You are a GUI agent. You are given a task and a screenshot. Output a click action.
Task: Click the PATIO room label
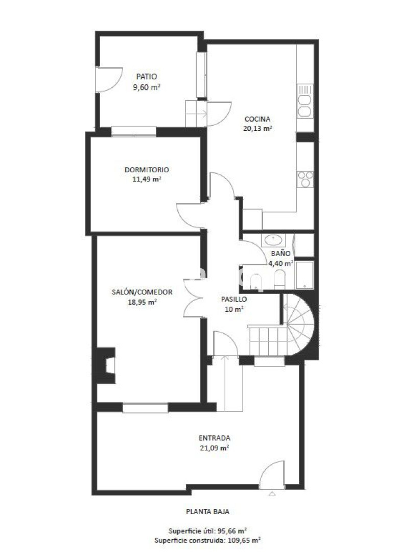[x=147, y=76]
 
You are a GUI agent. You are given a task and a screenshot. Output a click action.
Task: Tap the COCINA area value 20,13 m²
[x=257, y=128]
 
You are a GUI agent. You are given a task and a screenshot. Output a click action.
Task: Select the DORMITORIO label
[x=147, y=170]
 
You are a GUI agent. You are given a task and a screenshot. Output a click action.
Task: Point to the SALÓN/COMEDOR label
[x=142, y=292]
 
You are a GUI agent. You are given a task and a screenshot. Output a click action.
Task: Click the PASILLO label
[x=234, y=300]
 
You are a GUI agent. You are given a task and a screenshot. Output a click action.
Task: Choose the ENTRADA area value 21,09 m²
[x=214, y=448]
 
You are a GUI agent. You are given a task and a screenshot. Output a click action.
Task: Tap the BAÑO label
[x=281, y=253]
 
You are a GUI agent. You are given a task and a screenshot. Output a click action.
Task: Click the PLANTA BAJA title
[x=207, y=512]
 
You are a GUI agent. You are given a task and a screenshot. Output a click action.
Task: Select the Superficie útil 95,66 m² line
[x=207, y=531]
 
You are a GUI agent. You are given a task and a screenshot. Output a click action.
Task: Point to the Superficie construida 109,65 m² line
[x=207, y=540]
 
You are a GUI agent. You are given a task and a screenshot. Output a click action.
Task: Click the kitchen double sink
[x=304, y=101]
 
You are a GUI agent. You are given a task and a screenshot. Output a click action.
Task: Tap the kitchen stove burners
[x=305, y=179]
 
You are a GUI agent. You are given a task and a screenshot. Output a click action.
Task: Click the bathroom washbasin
[x=273, y=240]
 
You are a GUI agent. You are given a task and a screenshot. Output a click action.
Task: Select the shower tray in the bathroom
[x=304, y=275]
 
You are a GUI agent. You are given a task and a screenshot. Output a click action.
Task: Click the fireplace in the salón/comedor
[x=105, y=365]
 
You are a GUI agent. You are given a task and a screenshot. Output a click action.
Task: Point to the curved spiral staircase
[x=298, y=325]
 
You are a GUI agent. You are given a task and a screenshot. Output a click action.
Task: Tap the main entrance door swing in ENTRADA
[x=272, y=474]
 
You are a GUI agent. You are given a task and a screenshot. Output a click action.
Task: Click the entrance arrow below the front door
[x=272, y=494]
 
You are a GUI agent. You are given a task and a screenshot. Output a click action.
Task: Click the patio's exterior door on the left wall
[x=109, y=80]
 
